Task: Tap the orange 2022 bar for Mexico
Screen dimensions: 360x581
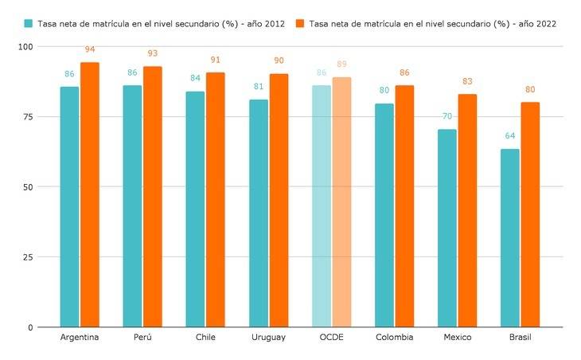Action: click(x=467, y=211)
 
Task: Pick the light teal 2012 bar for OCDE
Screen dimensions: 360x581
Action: click(x=322, y=206)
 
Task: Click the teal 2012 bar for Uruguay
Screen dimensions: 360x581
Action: click(x=259, y=213)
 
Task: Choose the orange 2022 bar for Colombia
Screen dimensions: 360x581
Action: click(x=404, y=206)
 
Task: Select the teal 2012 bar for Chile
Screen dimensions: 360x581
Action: click(x=195, y=209)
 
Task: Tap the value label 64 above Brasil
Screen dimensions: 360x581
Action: click(x=510, y=136)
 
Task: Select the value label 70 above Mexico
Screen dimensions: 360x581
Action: click(x=447, y=117)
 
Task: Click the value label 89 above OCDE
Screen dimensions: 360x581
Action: click(x=341, y=65)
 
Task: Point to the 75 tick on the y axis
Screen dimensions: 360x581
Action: click(x=29, y=117)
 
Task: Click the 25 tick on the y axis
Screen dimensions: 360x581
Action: click(x=29, y=257)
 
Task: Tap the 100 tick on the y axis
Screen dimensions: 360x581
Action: click(x=26, y=47)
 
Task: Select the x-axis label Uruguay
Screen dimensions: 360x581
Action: click(x=268, y=338)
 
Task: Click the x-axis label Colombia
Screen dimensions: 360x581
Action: click(x=394, y=338)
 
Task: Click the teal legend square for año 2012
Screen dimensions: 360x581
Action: click(x=29, y=24)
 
